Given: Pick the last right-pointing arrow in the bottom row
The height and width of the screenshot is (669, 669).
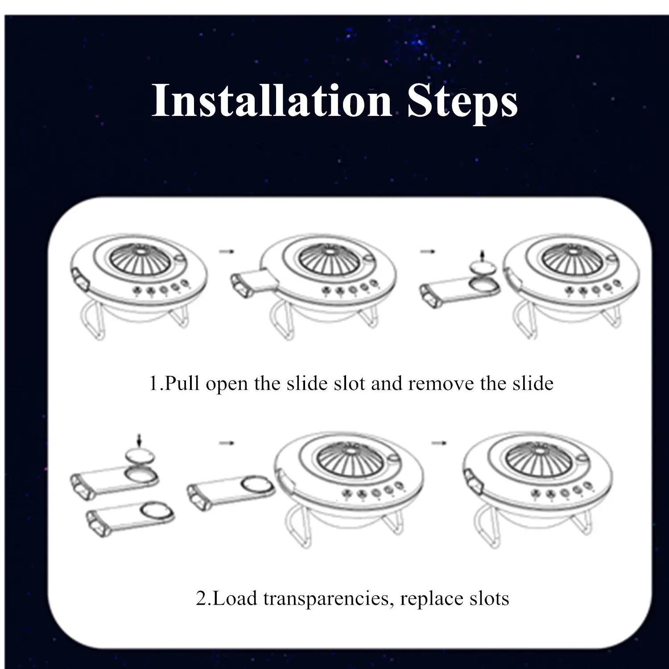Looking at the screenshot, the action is [439, 442].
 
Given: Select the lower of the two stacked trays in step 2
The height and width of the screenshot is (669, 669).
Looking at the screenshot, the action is [129, 518].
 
